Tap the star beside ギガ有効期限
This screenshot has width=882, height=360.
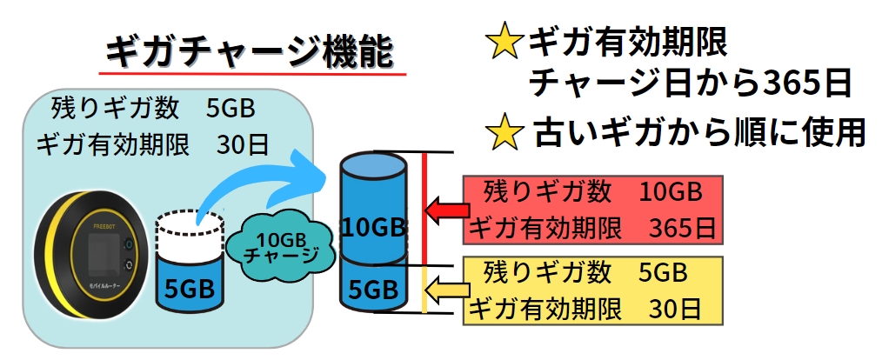[502, 43]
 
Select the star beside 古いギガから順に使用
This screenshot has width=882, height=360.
[502, 132]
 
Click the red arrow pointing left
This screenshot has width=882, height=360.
[444, 210]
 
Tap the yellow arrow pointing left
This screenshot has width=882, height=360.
[444, 288]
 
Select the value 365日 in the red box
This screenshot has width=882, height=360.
[682, 230]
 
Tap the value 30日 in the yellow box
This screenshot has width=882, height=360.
[675, 308]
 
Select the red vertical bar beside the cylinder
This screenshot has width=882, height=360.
[424, 209]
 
